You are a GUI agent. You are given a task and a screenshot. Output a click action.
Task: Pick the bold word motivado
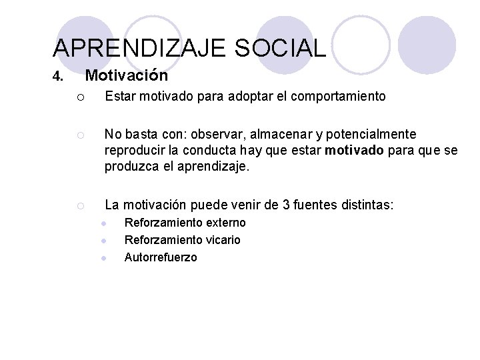354,151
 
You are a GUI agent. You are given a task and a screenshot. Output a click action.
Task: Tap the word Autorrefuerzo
161,257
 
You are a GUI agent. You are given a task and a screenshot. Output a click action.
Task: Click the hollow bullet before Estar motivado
79,97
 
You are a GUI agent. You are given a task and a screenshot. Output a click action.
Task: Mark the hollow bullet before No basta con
79,135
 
